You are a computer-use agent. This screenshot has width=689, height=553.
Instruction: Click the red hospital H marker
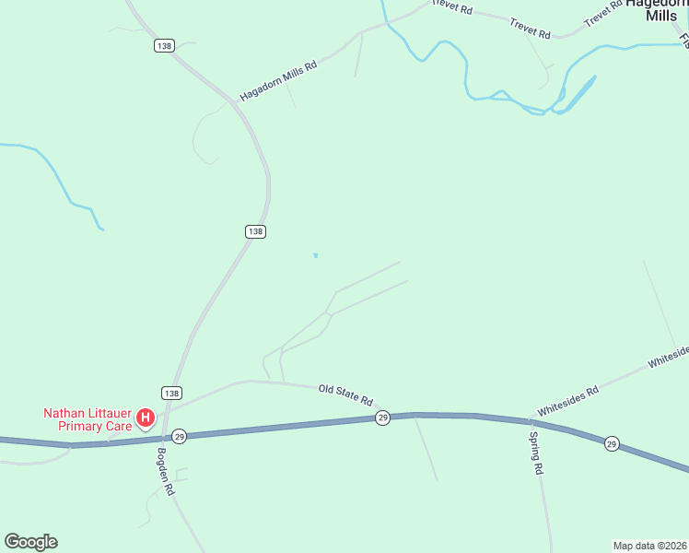pos(145,418)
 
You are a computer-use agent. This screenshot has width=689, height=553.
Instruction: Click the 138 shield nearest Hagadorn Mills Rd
pos(164,46)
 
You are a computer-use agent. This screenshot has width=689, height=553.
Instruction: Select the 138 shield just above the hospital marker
pos(171,393)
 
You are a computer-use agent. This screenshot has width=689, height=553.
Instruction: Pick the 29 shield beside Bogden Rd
pos(179,436)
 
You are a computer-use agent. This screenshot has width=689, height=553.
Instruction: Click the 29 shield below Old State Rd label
pos(382,418)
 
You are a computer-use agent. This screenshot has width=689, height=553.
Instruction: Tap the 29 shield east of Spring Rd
pos(612,444)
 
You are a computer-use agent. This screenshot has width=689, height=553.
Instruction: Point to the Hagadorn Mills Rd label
pos(278,81)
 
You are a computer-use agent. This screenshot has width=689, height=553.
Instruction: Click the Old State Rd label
pos(345,394)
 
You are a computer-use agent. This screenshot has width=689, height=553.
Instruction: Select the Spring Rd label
pos(536,453)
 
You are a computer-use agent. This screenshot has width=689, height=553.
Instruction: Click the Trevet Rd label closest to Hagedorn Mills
pos(604,15)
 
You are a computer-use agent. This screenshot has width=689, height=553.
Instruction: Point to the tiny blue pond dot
pos(316,255)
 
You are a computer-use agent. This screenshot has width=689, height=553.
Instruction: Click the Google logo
pos(30,542)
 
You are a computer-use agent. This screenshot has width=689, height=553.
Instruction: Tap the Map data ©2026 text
pos(649,545)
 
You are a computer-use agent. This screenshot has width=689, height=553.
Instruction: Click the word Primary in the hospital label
pos(81,426)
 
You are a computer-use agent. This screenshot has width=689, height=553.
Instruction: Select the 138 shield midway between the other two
pos(255,231)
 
